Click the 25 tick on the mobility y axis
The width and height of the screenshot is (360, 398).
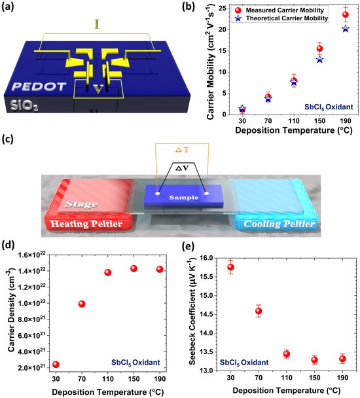click(213, 9)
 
